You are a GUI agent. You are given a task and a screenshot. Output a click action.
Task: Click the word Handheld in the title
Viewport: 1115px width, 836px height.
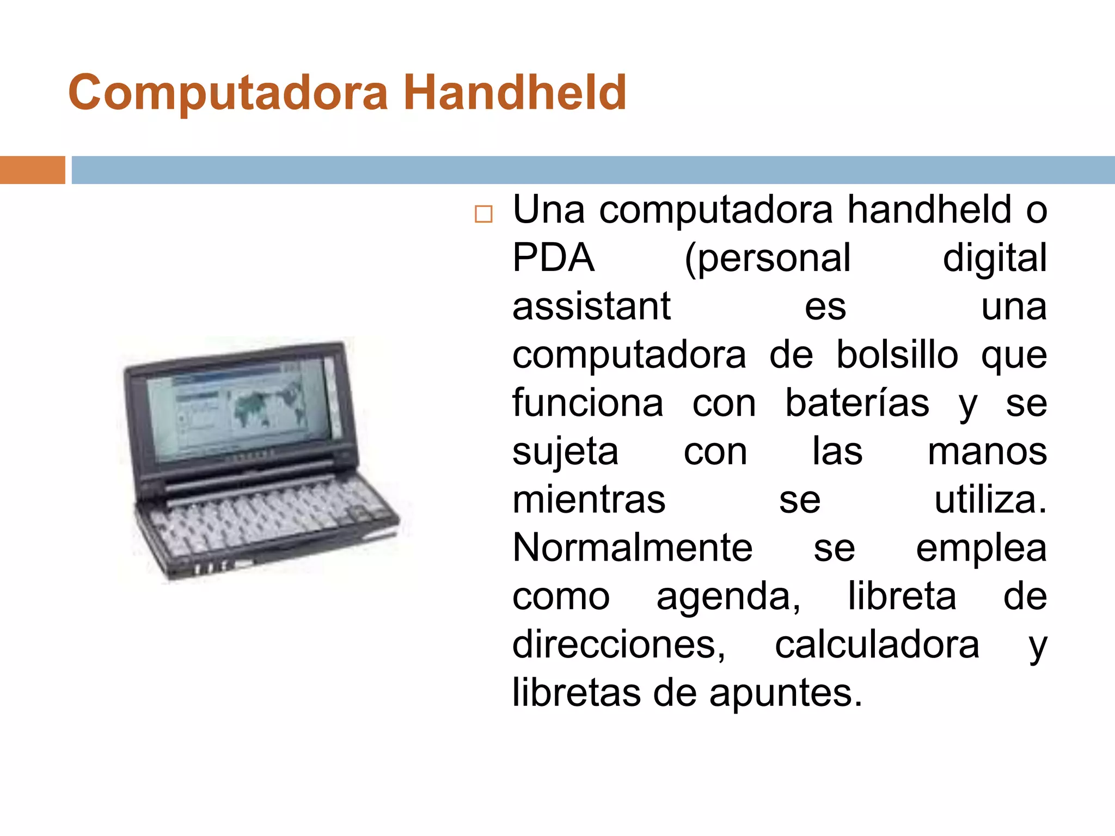point(514,93)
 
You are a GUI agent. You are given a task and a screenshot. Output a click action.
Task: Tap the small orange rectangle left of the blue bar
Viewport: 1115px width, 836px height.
point(32,170)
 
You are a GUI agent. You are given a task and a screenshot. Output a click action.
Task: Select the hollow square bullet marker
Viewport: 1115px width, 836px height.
point(483,214)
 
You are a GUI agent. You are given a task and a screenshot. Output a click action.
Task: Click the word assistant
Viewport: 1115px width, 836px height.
point(591,306)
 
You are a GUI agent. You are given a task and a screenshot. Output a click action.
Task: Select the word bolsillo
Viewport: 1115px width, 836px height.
point(897,355)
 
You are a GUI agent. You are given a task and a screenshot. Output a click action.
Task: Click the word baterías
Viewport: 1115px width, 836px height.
point(857,403)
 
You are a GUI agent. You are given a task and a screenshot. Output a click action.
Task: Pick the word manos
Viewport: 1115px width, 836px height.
point(987,452)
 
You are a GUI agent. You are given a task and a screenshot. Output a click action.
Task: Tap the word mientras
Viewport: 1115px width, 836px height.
point(589,500)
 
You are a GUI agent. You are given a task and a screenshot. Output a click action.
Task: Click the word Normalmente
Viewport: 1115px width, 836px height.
point(633,548)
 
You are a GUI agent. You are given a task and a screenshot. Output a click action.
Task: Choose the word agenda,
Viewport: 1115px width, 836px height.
point(728,597)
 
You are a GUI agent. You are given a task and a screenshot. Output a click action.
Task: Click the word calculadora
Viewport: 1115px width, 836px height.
point(877,645)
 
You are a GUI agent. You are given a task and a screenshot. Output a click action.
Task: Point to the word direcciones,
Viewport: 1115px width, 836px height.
point(619,645)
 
